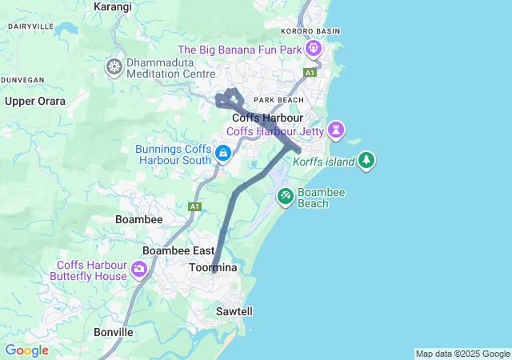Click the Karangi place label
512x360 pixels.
pyautogui.click(x=113, y=6)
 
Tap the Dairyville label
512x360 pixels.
pyautogui.click(x=30, y=26)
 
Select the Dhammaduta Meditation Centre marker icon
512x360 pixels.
pyautogui.click(x=115, y=66)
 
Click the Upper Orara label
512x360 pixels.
pyautogui.click(x=35, y=101)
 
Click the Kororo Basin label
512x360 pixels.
pyautogui.click(x=311, y=31)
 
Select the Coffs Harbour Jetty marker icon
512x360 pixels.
pyautogui.click(x=337, y=128)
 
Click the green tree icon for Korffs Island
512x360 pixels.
pyautogui.click(x=366, y=160)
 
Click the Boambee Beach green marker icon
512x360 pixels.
pyautogui.click(x=286, y=196)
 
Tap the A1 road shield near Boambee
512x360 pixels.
pyautogui.click(x=194, y=206)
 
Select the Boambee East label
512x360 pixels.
pyautogui.click(x=178, y=250)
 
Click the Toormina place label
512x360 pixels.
pyautogui.click(x=214, y=267)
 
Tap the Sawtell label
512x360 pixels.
pyautogui.click(x=234, y=310)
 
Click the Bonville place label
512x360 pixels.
pyautogui.click(x=113, y=331)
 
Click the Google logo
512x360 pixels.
pyautogui.click(x=26, y=350)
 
